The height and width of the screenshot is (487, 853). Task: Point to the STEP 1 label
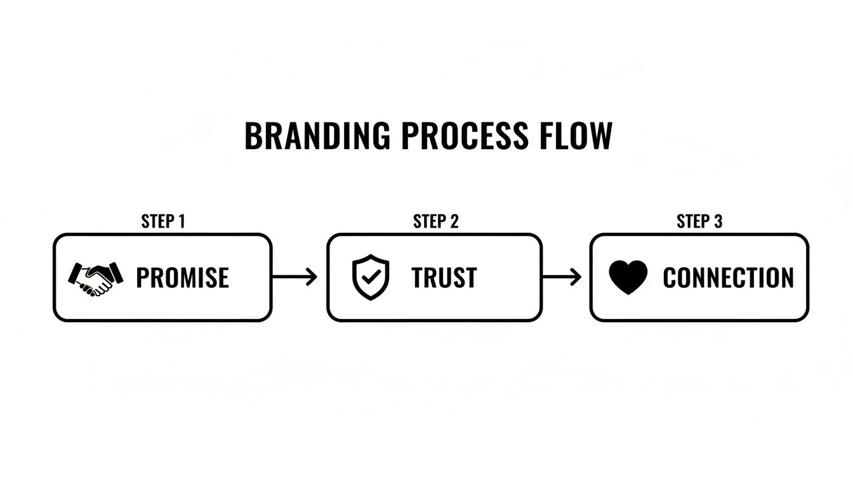point(163,221)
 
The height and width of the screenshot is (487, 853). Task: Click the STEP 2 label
point(435,221)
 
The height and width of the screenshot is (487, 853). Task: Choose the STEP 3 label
point(699,221)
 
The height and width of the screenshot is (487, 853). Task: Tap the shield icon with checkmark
point(370,277)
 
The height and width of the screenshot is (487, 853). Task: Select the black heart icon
point(628,278)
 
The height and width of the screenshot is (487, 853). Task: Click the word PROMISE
point(182,278)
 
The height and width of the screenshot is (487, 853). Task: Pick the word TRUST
point(444,278)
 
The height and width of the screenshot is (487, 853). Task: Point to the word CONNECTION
point(728,278)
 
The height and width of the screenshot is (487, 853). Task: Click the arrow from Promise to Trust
point(294,277)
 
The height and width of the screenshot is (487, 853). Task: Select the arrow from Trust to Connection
point(562,277)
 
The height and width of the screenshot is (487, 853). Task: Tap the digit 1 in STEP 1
point(182,221)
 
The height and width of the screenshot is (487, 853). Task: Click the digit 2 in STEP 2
point(454,221)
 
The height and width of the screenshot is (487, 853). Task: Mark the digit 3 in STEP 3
point(718,221)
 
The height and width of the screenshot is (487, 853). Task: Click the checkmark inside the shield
point(371,276)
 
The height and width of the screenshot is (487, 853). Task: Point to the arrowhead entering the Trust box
point(312,277)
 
